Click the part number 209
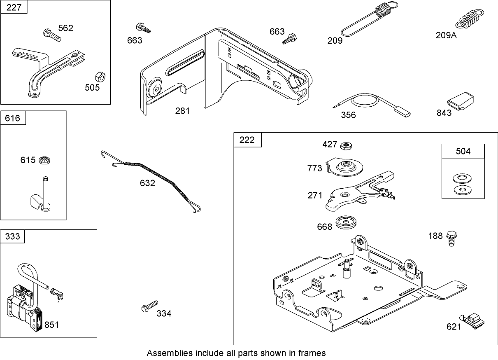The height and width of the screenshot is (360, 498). point(335,40)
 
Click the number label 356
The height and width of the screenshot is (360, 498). point(348,115)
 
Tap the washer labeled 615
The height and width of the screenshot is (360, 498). point(44,159)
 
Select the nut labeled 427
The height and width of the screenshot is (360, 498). point(346,145)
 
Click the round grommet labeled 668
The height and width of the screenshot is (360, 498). point(347,223)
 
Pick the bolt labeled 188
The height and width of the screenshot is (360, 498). point(451,238)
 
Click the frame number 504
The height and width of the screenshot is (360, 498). point(463,151)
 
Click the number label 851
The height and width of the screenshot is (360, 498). point(51,325)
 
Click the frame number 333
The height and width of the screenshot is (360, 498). point(12,236)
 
